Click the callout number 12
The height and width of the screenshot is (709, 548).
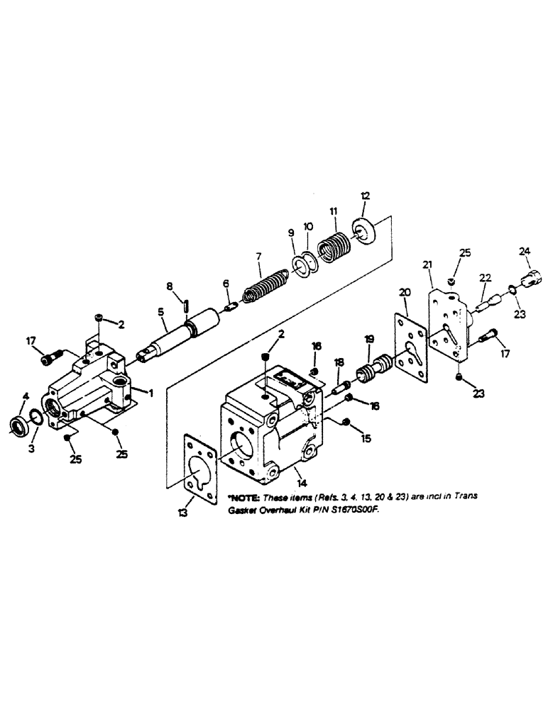(x=365, y=196)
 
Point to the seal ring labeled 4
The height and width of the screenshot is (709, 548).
(x=16, y=427)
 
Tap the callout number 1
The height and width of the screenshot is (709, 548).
(x=152, y=391)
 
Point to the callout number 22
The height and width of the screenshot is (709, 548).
(x=484, y=277)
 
